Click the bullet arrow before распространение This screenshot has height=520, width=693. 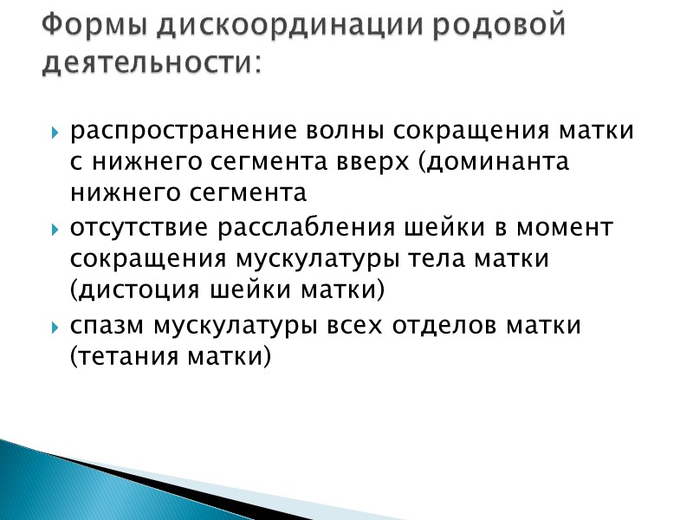click(x=55, y=133)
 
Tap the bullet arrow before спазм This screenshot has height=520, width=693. click(x=55, y=328)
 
